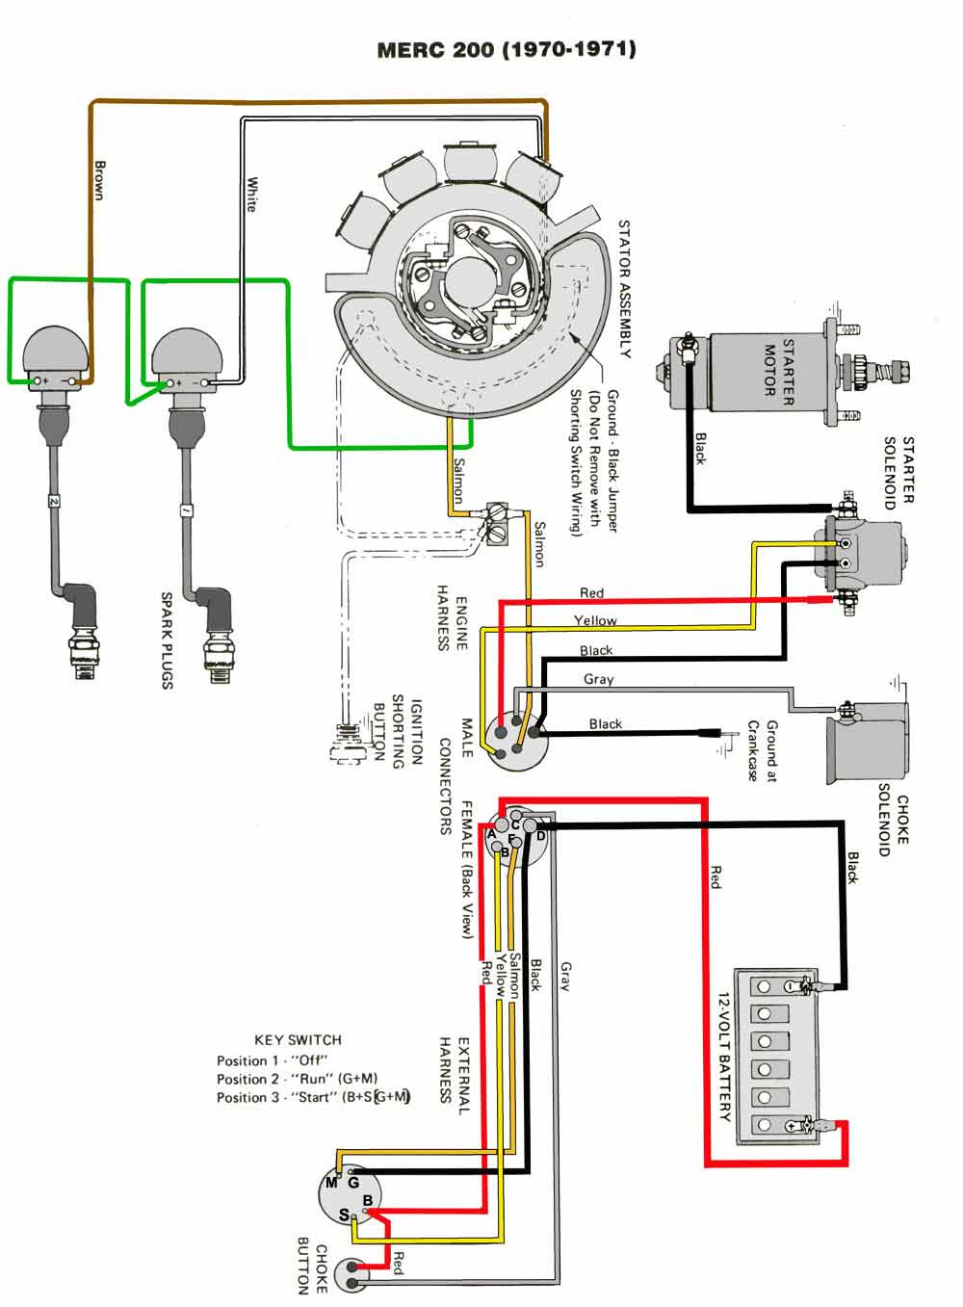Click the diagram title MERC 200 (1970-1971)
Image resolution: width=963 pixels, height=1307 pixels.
(506, 49)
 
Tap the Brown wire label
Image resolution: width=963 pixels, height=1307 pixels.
(98, 179)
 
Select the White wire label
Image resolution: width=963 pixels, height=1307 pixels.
(252, 194)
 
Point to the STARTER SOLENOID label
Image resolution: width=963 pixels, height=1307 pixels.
(899, 472)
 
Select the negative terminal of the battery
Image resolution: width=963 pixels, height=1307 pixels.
(792, 986)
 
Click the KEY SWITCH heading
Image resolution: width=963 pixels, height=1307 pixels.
(298, 1040)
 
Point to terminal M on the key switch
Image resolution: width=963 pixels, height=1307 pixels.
(331, 1183)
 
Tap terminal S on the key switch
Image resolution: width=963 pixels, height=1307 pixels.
(345, 1216)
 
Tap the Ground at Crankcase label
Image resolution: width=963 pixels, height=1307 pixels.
(762, 749)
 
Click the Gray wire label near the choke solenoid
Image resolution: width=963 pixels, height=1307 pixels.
(598, 679)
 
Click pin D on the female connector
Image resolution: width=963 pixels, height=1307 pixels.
(540, 835)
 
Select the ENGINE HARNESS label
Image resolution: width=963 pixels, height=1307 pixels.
(453, 617)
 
